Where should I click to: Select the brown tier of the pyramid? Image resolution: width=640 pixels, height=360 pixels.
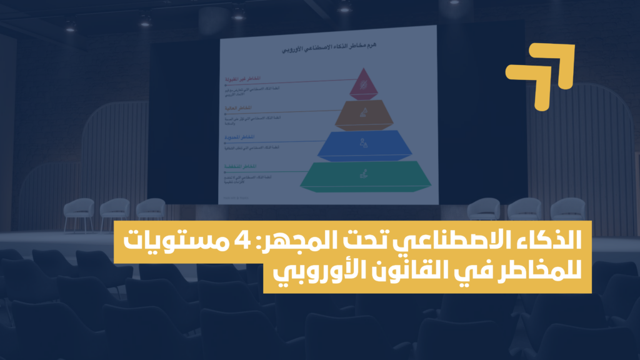click(364, 114)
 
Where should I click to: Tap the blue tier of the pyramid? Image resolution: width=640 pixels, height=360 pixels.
click(364, 145)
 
